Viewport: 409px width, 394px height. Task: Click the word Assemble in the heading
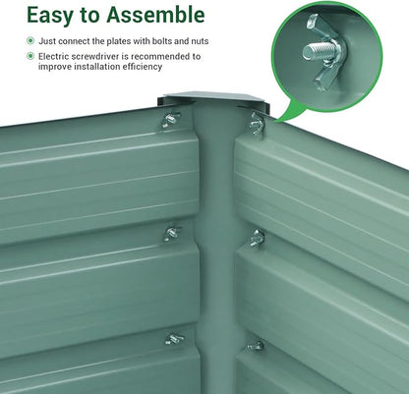155,15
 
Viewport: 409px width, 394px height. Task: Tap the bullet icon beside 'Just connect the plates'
30,41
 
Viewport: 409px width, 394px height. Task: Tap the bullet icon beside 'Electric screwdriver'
30,56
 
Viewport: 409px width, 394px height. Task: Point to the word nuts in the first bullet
200,41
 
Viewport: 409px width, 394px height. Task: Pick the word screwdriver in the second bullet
93,56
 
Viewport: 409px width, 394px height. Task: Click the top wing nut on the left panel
170,120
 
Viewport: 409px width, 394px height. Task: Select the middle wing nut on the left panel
172,234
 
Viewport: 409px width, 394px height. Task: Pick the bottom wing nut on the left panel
174,339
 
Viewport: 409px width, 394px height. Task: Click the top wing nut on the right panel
257,123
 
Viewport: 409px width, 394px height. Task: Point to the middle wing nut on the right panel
257,238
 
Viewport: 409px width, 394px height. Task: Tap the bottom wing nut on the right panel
256,346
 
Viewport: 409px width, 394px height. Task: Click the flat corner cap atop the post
213,98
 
